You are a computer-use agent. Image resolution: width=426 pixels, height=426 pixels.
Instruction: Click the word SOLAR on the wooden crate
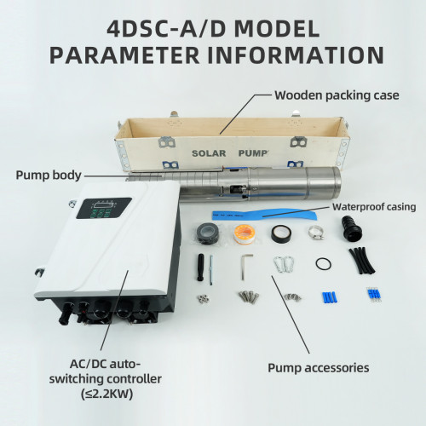(209, 153)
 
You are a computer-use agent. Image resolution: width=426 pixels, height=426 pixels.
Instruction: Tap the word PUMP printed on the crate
(253, 153)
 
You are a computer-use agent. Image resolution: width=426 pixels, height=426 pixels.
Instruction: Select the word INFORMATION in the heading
(296, 55)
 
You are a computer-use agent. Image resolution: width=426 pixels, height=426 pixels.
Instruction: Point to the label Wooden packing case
(337, 95)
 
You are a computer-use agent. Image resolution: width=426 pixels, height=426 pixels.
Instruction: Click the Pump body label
(49, 175)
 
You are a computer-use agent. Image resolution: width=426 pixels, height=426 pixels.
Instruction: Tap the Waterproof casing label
(374, 207)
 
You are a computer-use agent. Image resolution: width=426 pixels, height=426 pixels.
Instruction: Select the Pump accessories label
(319, 368)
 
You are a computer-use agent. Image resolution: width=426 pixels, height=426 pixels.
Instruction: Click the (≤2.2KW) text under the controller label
(106, 394)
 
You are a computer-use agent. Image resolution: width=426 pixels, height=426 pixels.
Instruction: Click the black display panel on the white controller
(104, 208)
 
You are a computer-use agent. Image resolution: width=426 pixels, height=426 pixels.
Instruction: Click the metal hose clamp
(316, 232)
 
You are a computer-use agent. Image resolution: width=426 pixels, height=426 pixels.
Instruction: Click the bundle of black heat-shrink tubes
(362, 261)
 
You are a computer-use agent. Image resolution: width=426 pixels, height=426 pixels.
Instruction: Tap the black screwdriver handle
(200, 267)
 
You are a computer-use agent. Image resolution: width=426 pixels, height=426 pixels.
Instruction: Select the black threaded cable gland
(352, 228)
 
